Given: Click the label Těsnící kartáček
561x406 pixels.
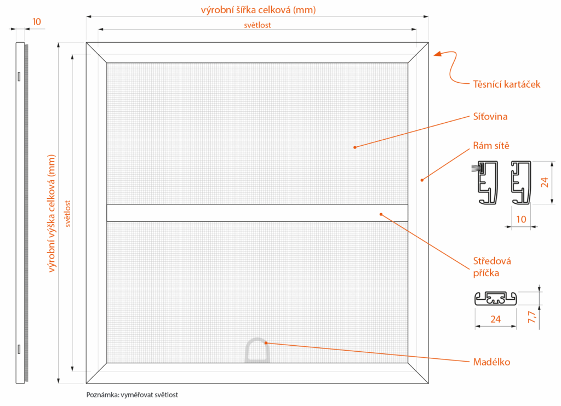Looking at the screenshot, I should pos(506,84).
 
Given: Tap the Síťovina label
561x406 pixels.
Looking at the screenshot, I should pos(490,117).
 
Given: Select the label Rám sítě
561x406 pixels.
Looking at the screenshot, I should pos(491,146).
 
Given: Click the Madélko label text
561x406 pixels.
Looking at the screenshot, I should pos(491,362).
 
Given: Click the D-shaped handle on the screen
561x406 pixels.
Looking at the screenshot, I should pos(256,351).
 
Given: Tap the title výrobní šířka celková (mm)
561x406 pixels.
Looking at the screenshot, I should pos(258,10).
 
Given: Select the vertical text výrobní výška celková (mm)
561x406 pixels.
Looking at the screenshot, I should pos(53,213).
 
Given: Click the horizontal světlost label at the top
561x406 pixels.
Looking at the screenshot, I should pos(257,25).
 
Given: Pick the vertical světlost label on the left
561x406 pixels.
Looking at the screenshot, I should pos(68,213).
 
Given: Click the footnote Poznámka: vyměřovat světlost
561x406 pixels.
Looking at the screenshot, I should pos(132,394).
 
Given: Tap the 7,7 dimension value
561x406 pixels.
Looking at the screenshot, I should pos(531,317).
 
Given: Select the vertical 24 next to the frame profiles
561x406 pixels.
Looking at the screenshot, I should pos(545,182).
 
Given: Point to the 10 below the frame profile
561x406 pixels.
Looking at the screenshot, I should pos(522,219).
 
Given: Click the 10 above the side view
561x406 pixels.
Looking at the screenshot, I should pos(37,22).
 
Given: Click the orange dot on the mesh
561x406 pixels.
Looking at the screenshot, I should pos(355,147).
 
